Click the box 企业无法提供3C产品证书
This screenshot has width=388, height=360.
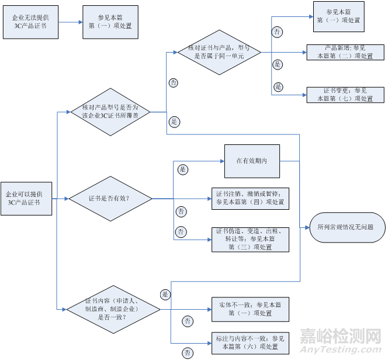[33, 22]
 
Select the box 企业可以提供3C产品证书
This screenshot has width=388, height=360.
[26, 198]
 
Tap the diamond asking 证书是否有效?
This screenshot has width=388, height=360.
[109, 199]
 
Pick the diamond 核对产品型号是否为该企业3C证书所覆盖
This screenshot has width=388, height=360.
[110, 112]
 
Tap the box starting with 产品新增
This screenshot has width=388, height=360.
[344, 52]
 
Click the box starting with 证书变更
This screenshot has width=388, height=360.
[344, 95]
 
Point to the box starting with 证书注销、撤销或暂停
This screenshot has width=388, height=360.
[250, 198]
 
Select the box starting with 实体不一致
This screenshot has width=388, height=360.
[250, 309]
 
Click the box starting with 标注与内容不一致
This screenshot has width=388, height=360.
[250, 341]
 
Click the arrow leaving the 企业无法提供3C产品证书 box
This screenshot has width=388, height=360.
[70, 22]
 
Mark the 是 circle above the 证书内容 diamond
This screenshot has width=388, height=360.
[165, 294]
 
